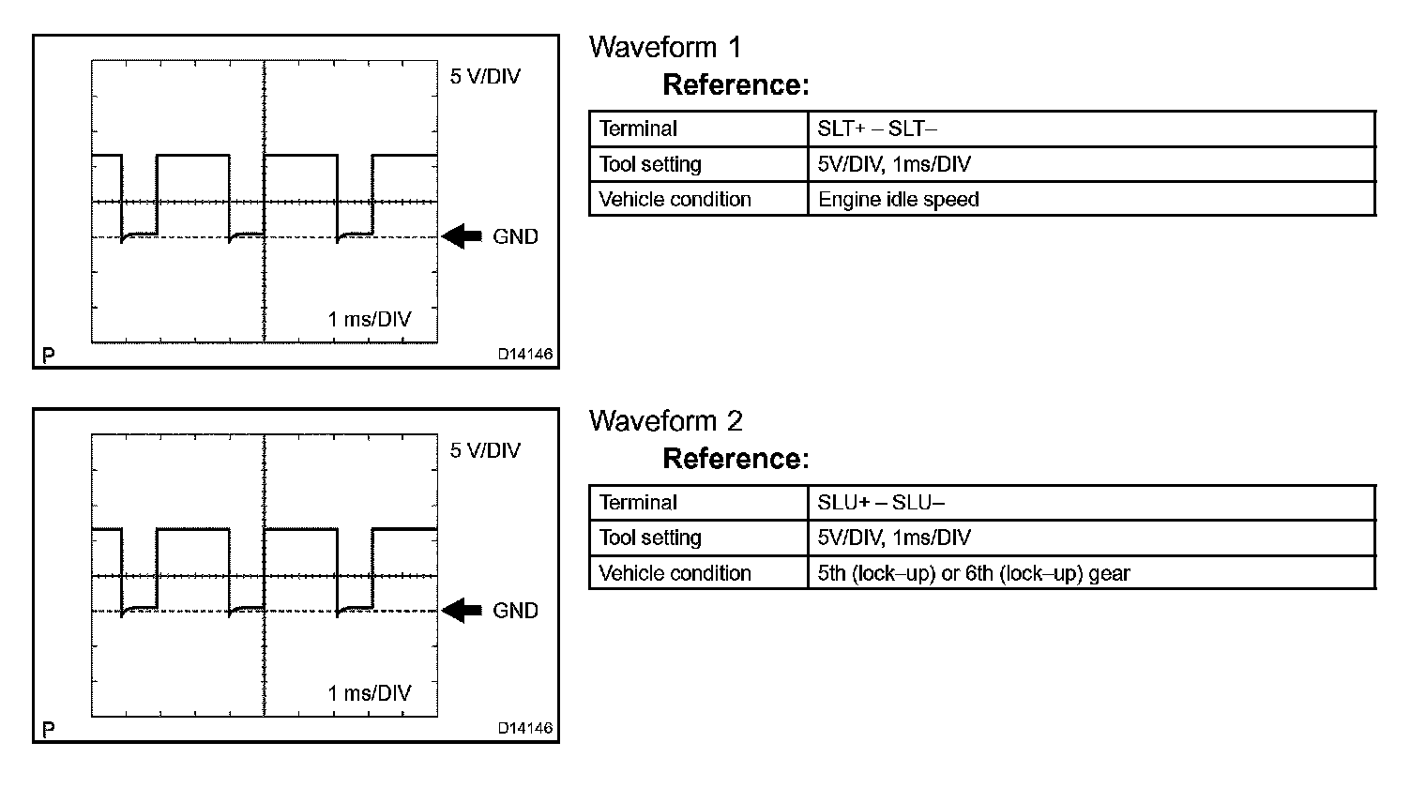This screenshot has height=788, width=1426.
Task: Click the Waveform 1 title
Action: click(x=665, y=47)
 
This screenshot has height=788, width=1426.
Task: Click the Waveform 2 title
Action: click(x=665, y=420)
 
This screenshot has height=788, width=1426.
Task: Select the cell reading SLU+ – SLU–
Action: click(x=880, y=503)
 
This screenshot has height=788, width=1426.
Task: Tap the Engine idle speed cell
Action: click(x=898, y=199)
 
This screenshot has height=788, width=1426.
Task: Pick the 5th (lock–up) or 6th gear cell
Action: click(x=973, y=573)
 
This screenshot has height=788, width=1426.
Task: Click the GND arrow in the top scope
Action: click(x=461, y=236)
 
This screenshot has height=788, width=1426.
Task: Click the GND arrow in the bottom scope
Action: click(x=461, y=611)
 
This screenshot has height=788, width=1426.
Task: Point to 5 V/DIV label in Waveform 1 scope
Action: click(x=485, y=77)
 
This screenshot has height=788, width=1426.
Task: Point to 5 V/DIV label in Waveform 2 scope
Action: click(x=485, y=450)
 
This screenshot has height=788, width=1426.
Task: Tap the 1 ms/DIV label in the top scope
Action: click(x=370, y=319)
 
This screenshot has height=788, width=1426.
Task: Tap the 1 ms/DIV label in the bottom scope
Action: click(x=370, y=693)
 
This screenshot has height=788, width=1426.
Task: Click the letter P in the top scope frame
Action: click(x=49, y=356)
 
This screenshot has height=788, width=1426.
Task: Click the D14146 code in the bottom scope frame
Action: click(x=525, y=728)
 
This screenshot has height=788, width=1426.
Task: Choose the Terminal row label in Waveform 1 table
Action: click(x=638, y=129)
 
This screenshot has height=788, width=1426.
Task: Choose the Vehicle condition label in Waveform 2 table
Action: click(x=675, y=573)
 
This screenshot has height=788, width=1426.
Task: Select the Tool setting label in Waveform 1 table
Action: click(x=650, y=164)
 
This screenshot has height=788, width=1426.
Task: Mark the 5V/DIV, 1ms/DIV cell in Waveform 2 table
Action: click(x=894, y=538)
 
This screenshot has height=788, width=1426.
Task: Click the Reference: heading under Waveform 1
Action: click(x=736, y=85)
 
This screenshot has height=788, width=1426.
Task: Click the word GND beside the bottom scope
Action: click(x=516, y=611)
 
